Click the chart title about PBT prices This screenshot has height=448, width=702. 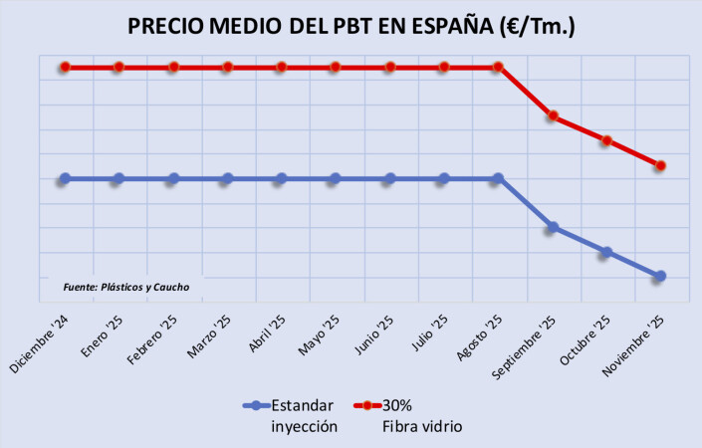351,26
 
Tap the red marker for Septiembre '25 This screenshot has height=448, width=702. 553,116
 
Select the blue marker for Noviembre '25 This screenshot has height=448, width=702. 661,276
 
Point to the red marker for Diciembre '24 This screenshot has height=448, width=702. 65,67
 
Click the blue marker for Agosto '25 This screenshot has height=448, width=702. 499,179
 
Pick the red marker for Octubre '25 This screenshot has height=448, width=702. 606,140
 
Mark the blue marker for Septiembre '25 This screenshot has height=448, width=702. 553,228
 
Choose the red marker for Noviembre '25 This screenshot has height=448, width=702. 661,165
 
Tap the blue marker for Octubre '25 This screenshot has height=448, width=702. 606,252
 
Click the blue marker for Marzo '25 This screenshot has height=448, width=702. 227,179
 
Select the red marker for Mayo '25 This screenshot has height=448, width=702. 336,67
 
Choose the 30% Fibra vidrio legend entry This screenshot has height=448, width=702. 413,415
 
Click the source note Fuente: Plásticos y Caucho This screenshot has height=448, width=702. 125,287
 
